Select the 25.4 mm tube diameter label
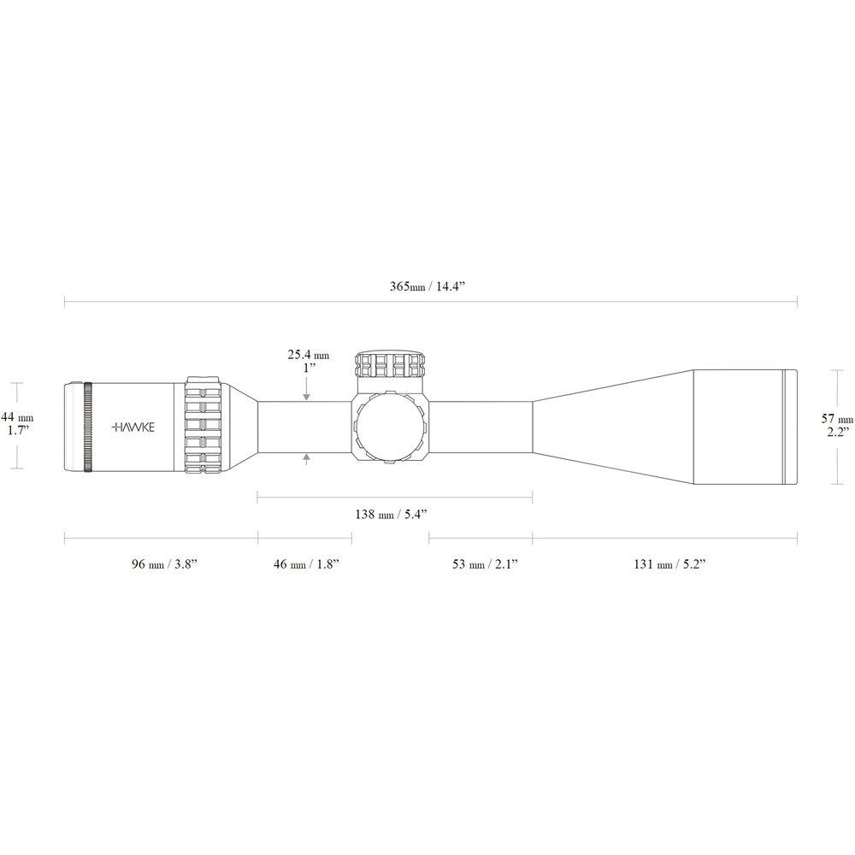pos(308,354)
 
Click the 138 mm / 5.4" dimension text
pos(391,514)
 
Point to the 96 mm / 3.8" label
pos(164,564)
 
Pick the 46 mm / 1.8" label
pos(306,564)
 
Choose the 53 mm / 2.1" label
pos(484,564)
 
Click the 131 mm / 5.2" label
pos(669,564)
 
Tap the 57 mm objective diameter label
pos(836,419)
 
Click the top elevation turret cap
pos(392,364)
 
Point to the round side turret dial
pos(390,427)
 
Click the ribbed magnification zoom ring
pos(204,425)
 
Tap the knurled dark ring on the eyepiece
pos(87,425)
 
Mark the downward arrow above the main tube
pos(307,395)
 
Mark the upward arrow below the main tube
pos(307,459)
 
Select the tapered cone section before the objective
pos(611,427)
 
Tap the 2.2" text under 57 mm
pos(836,433)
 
